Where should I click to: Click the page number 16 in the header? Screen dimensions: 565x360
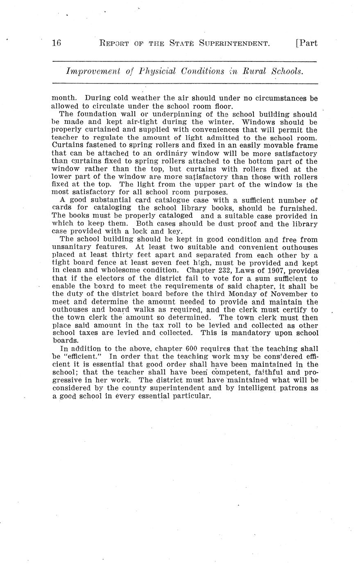click(57, 43)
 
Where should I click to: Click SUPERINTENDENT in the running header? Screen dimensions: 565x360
click(234, 43)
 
